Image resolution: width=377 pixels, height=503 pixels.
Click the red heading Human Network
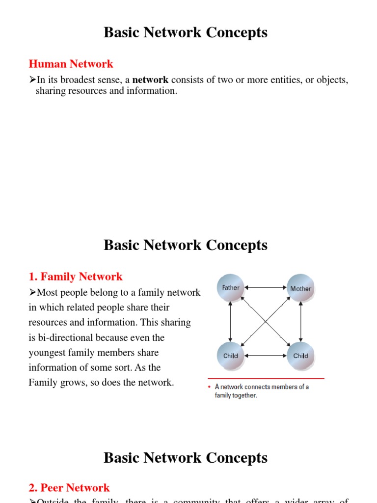(x=71, y=64)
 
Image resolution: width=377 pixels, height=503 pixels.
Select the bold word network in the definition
(x=150, y=80)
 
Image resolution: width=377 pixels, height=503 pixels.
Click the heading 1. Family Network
(x=76, y=277)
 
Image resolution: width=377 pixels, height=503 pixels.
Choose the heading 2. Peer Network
(x=69, y=488)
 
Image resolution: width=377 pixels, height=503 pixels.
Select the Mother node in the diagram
(x=300, y=288)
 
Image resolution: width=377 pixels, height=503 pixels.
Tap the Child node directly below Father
(x=231, y=356)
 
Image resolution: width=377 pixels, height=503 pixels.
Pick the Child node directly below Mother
(x=300, y=356)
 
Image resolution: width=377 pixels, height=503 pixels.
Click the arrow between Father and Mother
(x=266, y=287)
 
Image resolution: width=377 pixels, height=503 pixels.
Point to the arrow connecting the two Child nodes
(x=266, y=356)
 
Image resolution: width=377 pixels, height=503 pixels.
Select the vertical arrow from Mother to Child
(x=300, y=322)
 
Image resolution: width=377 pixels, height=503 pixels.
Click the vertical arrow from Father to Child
(x=231, y=322)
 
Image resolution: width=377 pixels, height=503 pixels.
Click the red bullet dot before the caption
(x=210, y=387)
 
